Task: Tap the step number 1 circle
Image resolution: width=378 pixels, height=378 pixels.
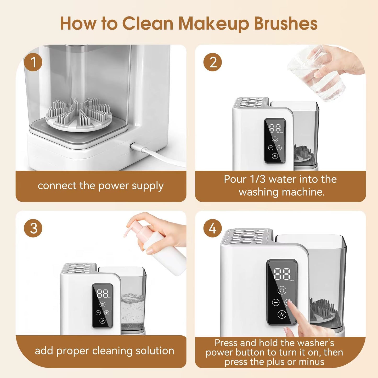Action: [x=33, y=62]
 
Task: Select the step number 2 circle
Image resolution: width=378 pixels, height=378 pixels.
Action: [x=212, y=62]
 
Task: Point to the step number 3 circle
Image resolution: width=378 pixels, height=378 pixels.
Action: [x=33, y=228]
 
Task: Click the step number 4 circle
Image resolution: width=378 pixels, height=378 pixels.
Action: [x=212, y=228]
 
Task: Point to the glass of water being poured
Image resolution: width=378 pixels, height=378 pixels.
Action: [x=317, y=78]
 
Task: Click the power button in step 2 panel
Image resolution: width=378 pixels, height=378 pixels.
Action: [x=275, y=139]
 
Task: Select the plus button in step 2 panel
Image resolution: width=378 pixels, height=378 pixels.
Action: [x=279, y=148]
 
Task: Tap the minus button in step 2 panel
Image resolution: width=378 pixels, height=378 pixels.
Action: [x=271, y=148]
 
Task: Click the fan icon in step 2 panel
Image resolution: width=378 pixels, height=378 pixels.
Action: [x=275, y=156]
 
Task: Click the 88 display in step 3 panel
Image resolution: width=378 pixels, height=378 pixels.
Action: [x=102, y=294]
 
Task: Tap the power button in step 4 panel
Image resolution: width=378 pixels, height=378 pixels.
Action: [x=282, y=290]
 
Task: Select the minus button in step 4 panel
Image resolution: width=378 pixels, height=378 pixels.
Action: [x=276, y=303]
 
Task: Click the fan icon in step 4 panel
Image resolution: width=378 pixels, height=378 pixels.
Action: [x=282, y=314]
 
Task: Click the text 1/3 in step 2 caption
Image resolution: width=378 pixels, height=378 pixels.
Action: [x=257, y=179]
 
